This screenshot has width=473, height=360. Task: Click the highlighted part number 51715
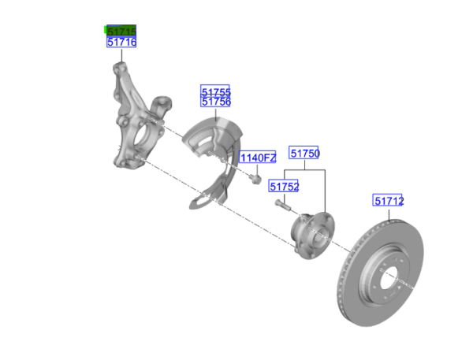coord(121,31)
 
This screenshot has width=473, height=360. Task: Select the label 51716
coord(121,42)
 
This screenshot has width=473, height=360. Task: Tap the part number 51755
coord(215,91)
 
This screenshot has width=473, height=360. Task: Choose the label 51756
coord(215,102)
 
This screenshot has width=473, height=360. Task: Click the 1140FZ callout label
coord(258,158)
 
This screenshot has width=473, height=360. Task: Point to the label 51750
coord(304,153)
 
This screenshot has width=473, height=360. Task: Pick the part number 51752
coord(284,187)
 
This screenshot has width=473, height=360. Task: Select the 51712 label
coord(388,201)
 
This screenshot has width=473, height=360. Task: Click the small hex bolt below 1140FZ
coord(255,179)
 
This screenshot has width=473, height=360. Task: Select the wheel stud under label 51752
coord(283,205)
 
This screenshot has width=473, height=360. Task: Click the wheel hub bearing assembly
coord(312,236)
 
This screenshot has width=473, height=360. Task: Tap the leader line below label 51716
coord(122,55)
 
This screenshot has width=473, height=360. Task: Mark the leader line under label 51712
coord(389,215)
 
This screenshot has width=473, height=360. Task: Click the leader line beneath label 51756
coord(216,114)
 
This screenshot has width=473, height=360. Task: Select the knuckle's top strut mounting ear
coord(120,69)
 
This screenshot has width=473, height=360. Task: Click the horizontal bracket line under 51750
coord(304,170)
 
